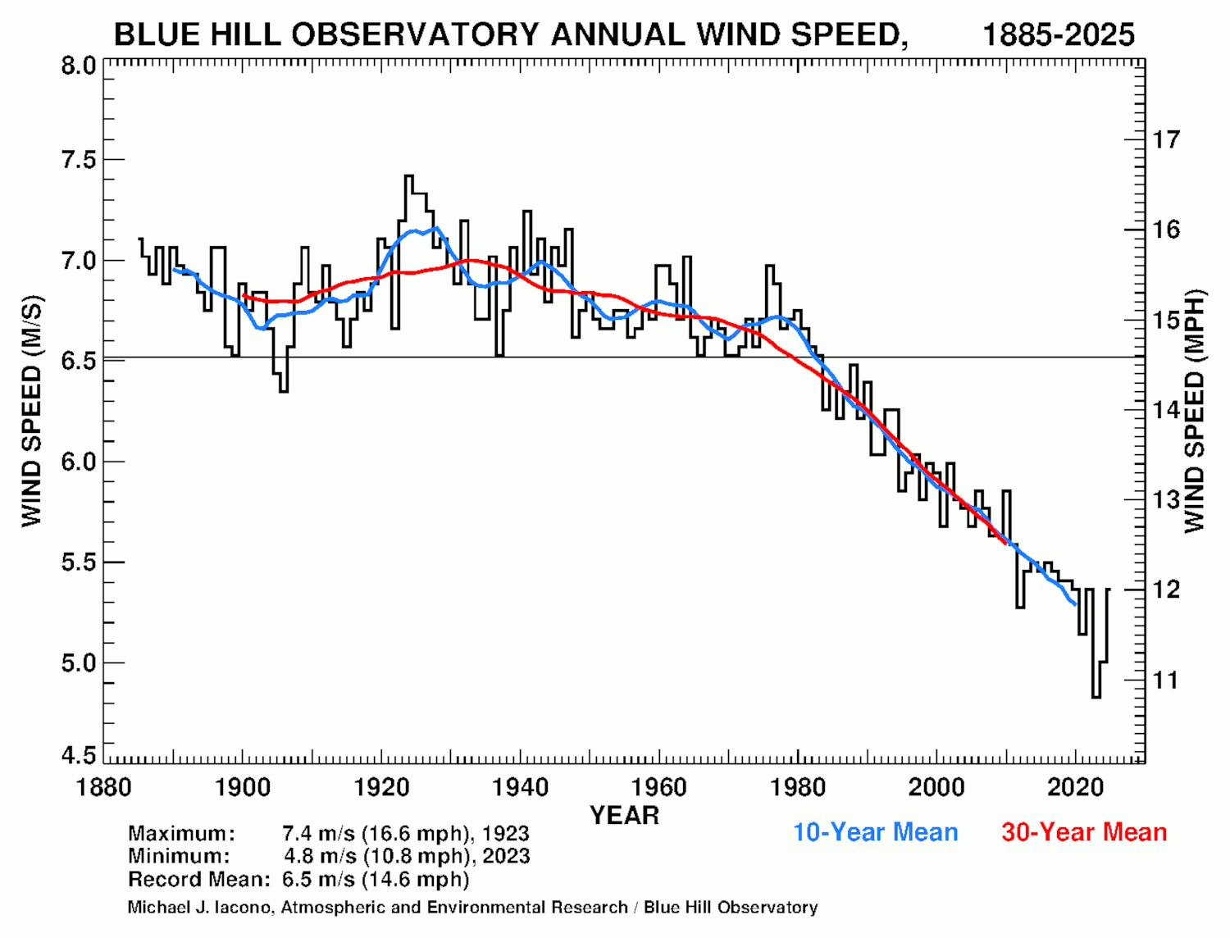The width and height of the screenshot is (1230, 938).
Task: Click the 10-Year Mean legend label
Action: coord(875,832)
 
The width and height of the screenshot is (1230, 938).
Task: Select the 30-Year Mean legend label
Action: coord(1083,832)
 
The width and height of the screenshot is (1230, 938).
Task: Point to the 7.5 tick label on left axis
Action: coord(79,160)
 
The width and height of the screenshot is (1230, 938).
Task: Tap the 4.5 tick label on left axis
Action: coord(79,755)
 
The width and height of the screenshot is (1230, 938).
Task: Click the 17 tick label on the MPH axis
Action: coord(1166,139)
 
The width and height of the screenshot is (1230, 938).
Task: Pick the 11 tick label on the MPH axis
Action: coord(1165,680)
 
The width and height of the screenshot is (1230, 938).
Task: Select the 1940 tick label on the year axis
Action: coord(520,788)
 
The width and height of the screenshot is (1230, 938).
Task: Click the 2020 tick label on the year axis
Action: coord(1075,788)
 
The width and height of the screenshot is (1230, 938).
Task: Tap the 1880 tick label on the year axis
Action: coord(103,788)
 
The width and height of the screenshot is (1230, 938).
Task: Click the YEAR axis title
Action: coord(624,816)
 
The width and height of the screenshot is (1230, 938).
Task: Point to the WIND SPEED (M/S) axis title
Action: coord(32,411)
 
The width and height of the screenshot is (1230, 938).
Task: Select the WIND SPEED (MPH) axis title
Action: coord(1195,411)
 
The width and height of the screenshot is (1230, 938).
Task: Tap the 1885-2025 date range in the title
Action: coord(1058,35)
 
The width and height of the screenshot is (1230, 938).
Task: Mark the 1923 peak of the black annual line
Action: coord(409,176)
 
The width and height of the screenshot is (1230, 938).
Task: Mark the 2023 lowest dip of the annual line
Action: coord(1096,696)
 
